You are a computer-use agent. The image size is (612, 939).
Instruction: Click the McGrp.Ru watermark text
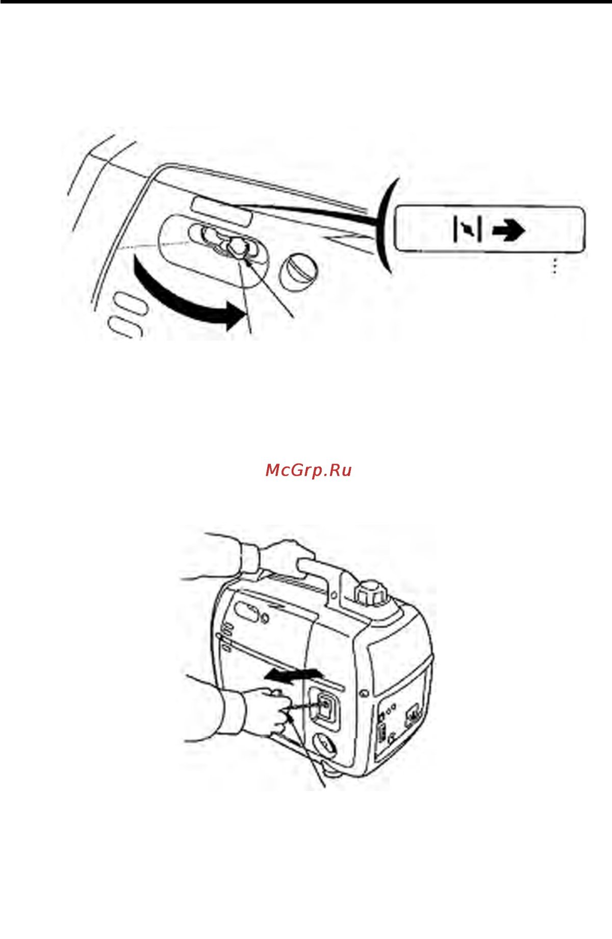click(x=309, y=470)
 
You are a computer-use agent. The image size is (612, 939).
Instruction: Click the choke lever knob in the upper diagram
click(x=236, y=246)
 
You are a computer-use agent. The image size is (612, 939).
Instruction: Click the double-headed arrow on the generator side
click(x=294, y=675)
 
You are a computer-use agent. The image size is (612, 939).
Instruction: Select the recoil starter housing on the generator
click(x=324, y=707)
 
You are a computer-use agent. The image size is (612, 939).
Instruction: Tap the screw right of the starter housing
click(x=363, y=694)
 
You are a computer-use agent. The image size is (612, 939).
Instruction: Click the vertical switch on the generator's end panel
click(x=382, y=734)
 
